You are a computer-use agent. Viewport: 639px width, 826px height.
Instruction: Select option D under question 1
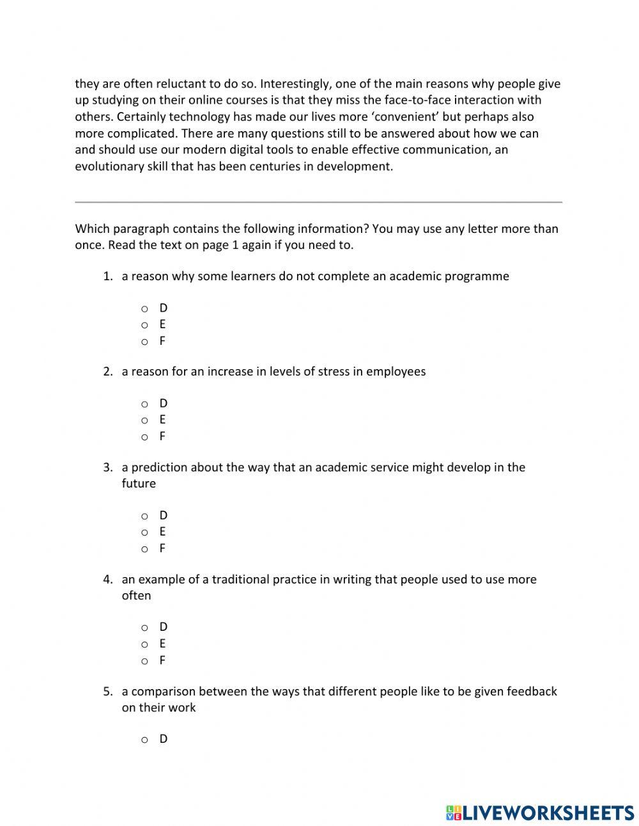(145, 308)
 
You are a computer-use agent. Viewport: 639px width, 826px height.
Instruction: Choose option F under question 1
(145, 342)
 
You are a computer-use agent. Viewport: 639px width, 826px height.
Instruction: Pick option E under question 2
(145, 420)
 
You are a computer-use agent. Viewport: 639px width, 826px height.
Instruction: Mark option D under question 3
(145, 516)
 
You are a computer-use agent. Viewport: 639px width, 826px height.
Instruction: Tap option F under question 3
(145, 549)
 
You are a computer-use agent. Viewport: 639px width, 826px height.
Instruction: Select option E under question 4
(145, 644)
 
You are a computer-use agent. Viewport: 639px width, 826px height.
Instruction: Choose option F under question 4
(145, 661)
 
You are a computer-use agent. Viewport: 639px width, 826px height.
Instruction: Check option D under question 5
(145, 740)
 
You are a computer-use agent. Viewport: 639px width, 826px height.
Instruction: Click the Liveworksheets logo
(539, 813)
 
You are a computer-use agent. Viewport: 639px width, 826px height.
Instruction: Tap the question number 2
(107, 372)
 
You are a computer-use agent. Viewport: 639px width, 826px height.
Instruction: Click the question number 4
(107, 580)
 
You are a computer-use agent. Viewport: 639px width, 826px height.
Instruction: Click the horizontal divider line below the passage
(318, 202)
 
